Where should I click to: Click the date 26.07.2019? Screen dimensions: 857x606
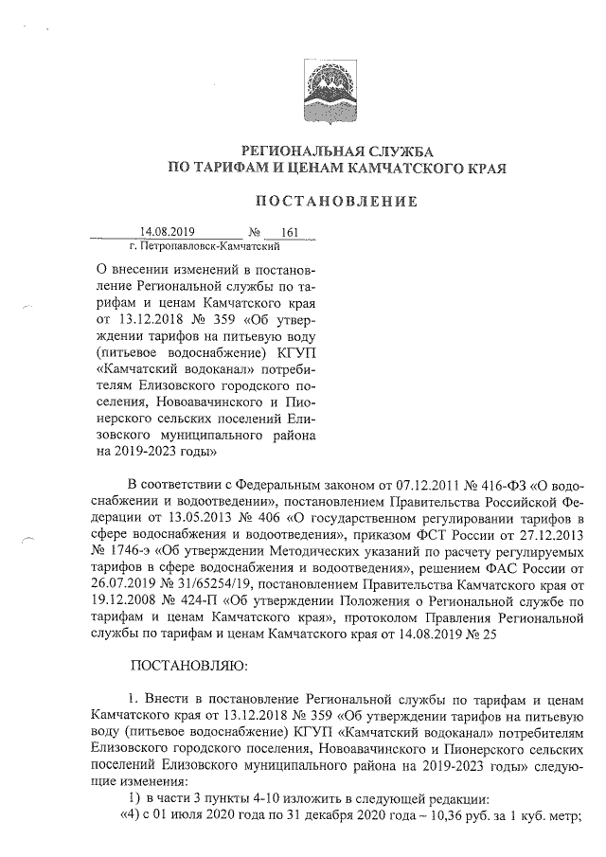127,588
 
